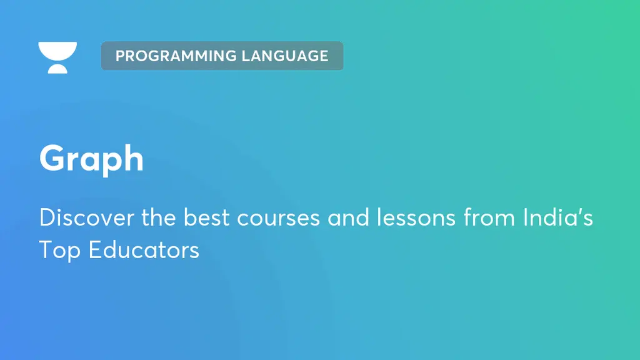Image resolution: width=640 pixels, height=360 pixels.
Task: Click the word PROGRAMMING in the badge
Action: click(167, 56)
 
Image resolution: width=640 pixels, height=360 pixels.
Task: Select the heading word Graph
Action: click(91, 159)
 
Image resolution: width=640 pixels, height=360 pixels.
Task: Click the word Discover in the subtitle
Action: click(77, 217)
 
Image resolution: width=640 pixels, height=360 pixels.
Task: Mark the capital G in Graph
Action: click(52, 159)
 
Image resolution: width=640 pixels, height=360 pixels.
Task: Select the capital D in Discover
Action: click(46, 217)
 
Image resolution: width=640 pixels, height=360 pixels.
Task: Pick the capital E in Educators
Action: click(94, 250)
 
